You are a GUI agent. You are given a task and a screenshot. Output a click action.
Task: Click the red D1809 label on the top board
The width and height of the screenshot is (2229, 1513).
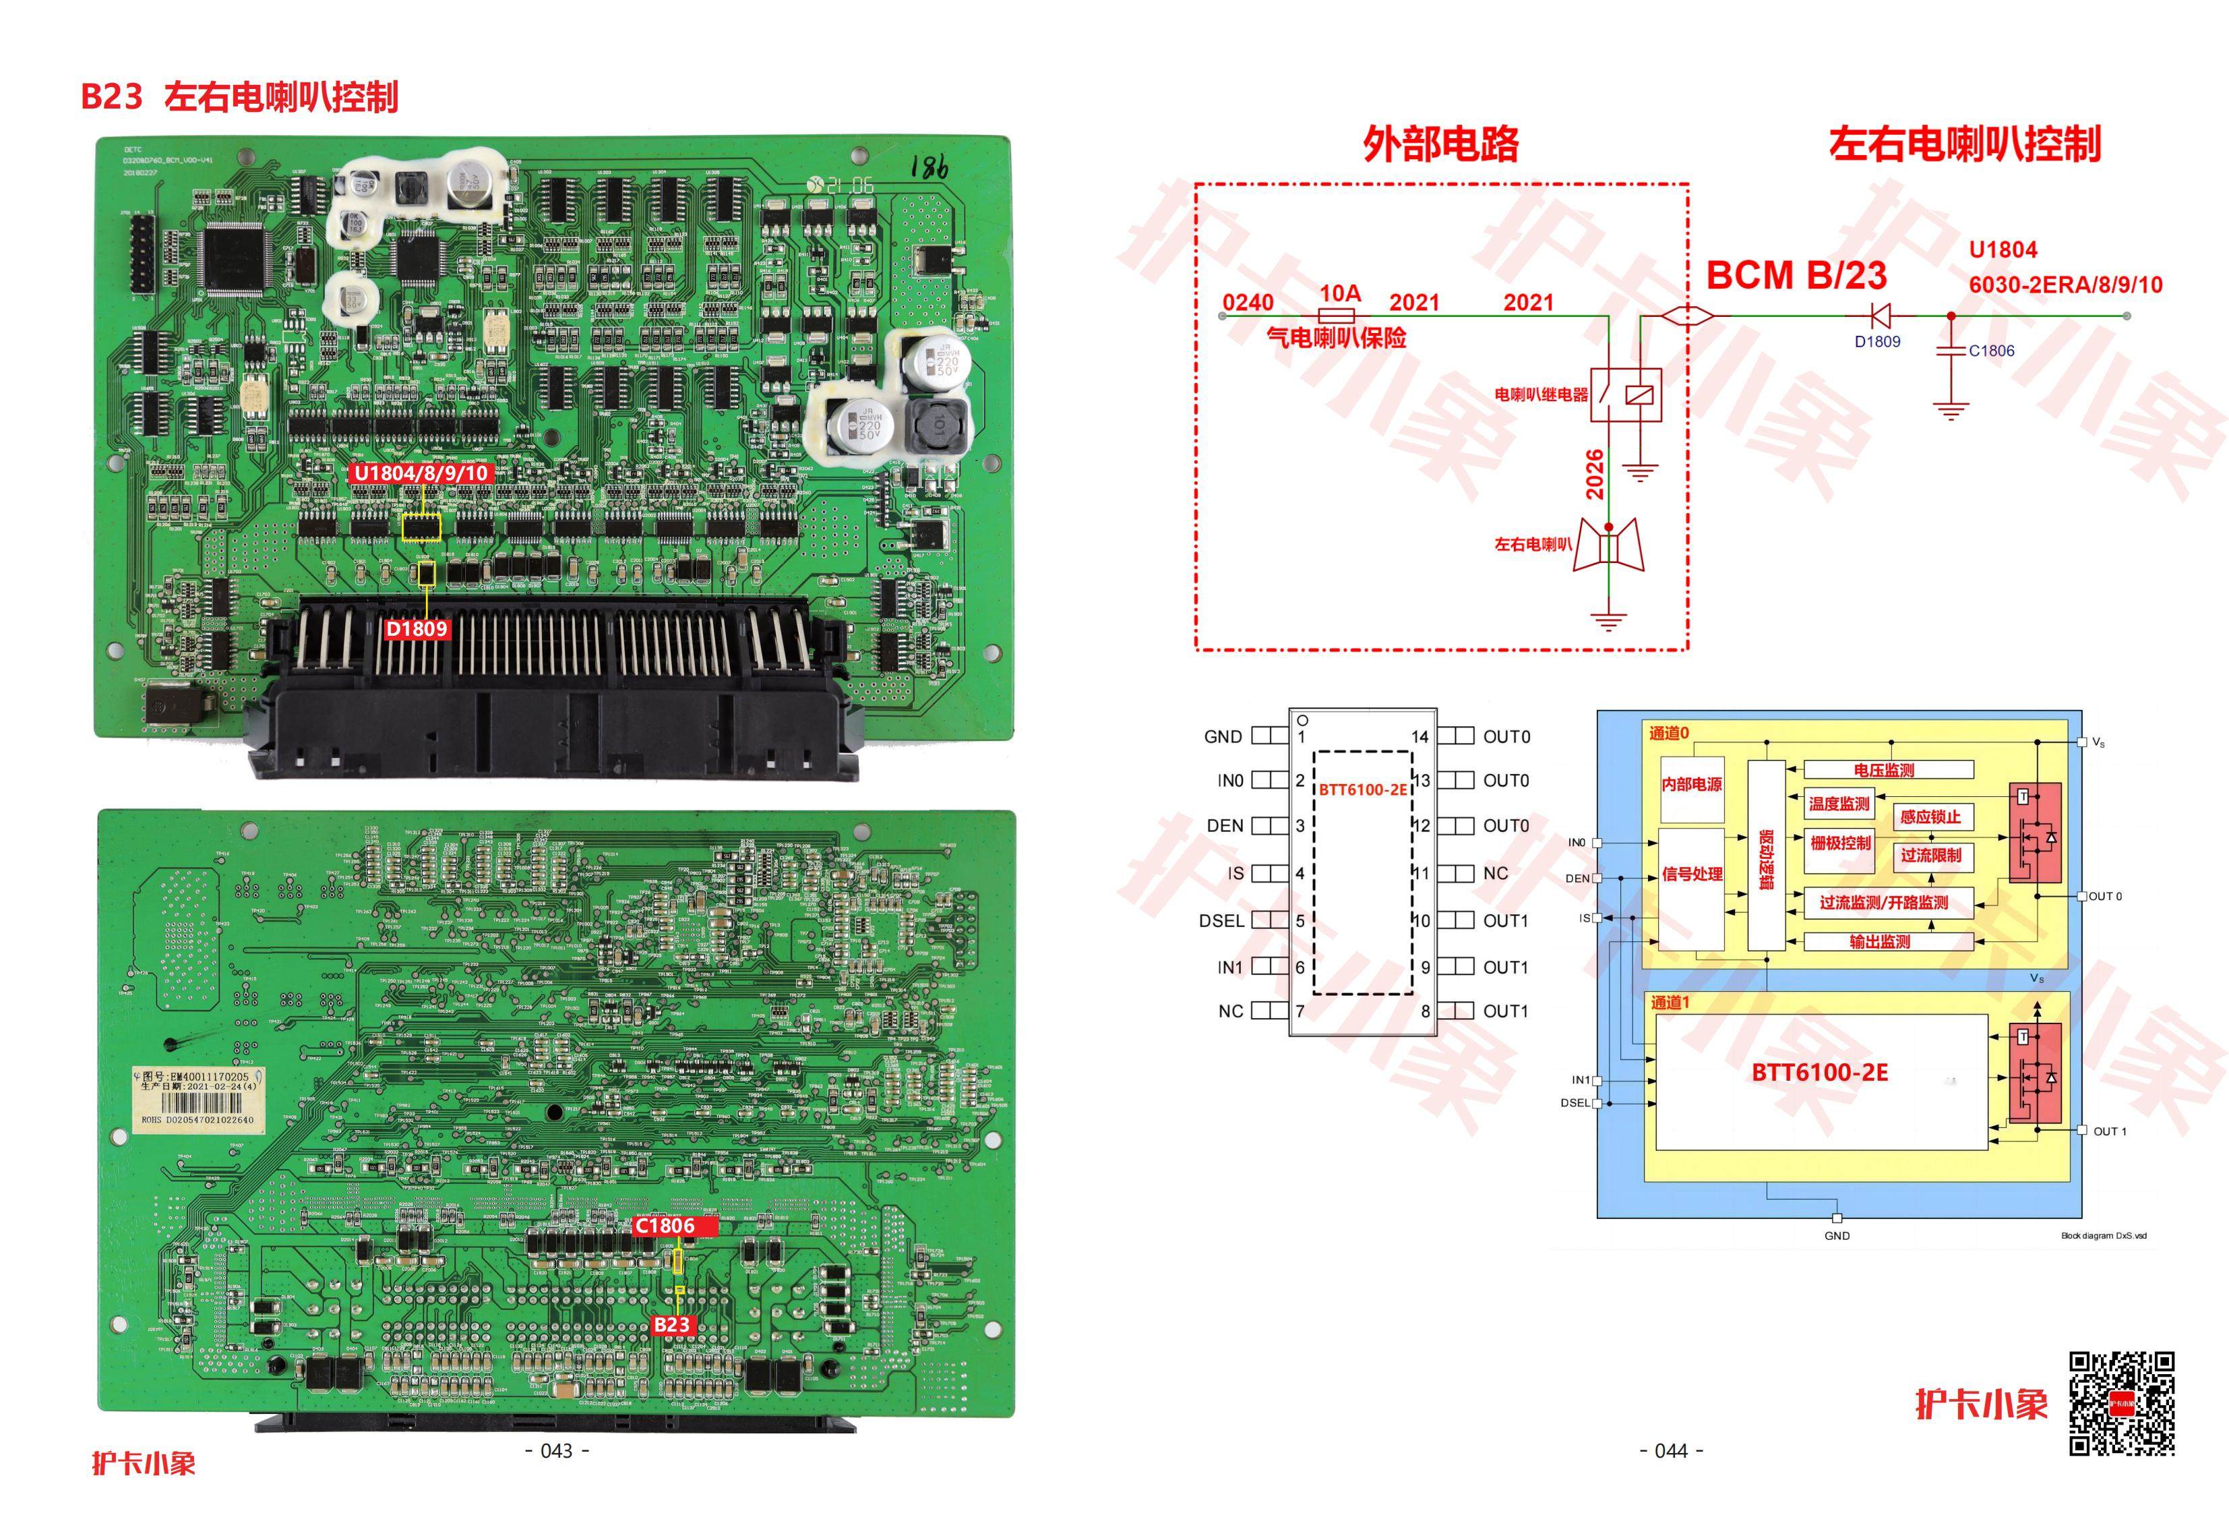[417, 629]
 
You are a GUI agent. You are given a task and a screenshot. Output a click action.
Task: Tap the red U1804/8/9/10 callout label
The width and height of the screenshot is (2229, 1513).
[421, 473]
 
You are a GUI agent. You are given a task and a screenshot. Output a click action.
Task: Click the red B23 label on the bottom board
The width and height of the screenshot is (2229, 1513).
[671, 1325]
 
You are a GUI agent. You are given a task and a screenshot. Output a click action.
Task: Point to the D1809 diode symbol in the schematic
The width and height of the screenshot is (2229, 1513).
[1880, 315]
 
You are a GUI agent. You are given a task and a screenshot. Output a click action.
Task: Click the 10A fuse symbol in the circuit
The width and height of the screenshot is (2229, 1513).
[1337, 316]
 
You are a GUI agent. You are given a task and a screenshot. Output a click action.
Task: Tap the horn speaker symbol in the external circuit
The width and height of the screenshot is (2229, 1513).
[1608, 547]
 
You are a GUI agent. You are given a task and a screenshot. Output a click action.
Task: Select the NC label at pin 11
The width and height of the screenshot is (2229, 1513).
[1495, 874]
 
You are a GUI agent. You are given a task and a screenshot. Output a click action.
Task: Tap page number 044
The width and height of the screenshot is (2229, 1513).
[1671, 1451]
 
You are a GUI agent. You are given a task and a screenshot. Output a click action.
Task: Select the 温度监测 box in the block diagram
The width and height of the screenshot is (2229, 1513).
[1839, 804]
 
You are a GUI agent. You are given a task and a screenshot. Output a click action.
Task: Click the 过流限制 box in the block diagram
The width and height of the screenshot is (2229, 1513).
[1930, 856]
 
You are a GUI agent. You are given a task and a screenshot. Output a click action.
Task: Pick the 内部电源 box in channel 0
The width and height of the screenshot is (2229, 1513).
[1691, 785]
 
